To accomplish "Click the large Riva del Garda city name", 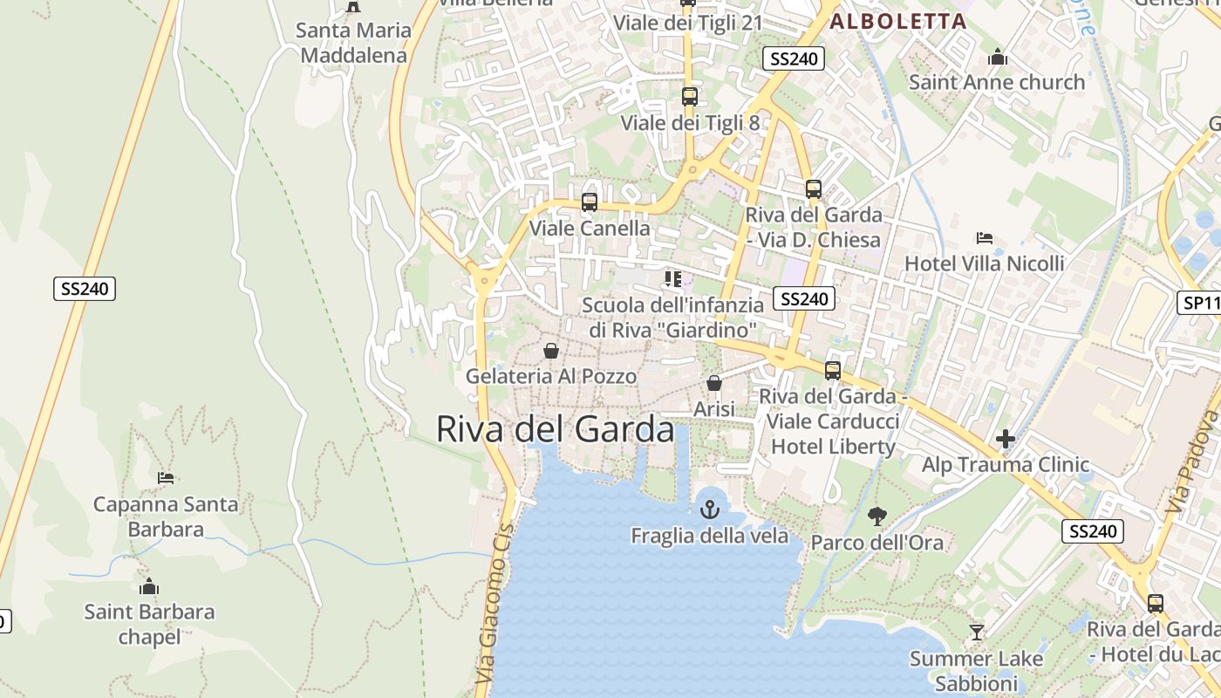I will (555, 429).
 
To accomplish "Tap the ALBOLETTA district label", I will (898, 22).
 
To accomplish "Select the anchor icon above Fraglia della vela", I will (710, 508).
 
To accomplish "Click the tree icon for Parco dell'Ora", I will (877, 517).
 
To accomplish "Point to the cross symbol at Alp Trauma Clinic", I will (1006, 439).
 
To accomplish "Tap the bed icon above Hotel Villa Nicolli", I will (985, 237).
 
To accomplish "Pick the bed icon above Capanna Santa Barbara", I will (166, 477).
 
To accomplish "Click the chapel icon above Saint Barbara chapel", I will (149, 585).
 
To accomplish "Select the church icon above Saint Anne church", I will (998, 58).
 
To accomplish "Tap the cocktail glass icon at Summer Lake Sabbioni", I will (976, 632).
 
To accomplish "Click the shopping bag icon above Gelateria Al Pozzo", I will (551, 351).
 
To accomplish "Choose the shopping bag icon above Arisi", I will (714, 383).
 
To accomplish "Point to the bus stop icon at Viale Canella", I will (590, 202).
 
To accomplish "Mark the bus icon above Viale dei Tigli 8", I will (689, 96).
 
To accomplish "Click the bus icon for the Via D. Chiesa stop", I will (813, 188).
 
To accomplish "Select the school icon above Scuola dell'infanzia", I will (672, 279).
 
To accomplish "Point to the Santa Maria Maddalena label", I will (353, 43).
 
